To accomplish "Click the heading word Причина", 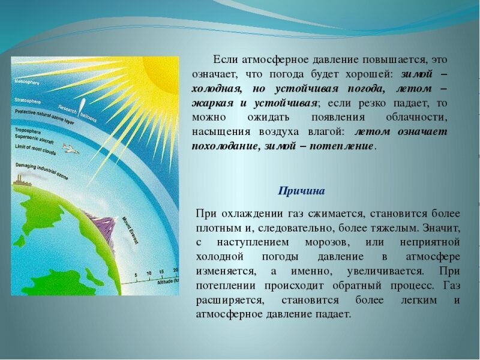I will [301, 191].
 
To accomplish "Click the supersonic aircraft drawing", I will [70, 149].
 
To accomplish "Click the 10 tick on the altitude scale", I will [149, 273].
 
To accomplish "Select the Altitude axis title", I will [161, 282].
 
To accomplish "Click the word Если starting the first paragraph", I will [226, 61].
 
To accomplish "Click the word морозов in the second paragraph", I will [326, 242].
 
